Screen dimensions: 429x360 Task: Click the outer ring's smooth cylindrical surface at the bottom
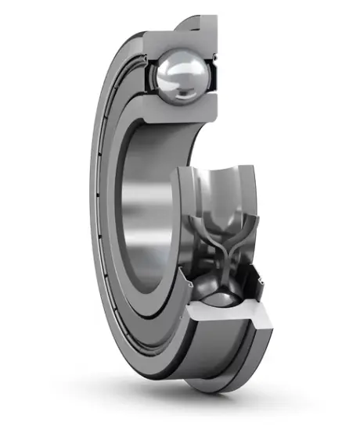coord(219,367)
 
